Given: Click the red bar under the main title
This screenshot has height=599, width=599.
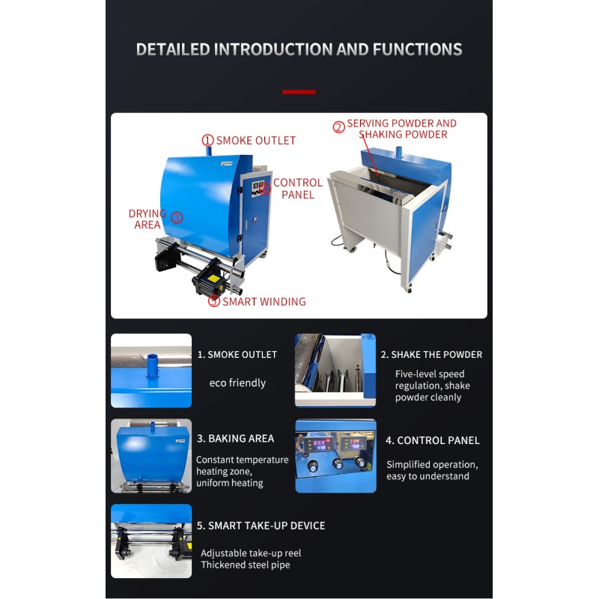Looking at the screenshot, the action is [x=299, y=91].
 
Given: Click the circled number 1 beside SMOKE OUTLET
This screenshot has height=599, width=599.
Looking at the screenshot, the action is [x=207, y=140].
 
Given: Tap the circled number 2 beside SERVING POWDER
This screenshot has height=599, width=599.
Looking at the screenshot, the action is [x=339, y=127].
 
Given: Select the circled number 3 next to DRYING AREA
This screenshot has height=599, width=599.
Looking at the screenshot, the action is [x=177, y=217].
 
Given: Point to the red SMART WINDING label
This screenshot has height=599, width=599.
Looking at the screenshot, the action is [x=264, y=302].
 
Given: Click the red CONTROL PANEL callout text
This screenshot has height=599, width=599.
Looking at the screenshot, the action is [x=298, y=189].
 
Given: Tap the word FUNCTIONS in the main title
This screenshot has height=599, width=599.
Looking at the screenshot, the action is [x=418, y=49].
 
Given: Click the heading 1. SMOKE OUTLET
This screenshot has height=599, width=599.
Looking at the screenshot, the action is [x=237, y=354].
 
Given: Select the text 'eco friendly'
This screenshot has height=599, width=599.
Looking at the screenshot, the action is [x=237, y=383].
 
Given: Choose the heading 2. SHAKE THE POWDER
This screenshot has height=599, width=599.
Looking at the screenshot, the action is [x=431, y=354].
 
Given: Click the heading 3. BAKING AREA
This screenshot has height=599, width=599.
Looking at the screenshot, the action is [x=235, y=439].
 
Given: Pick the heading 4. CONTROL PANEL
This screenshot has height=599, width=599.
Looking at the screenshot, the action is [x=433, y=440].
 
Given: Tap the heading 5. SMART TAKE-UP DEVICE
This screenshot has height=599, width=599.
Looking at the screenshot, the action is [x=261, y=526].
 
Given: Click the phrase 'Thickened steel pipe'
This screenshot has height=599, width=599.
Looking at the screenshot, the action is [x=246, y=565].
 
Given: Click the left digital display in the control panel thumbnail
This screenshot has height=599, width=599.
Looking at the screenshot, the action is [x=315, y=444].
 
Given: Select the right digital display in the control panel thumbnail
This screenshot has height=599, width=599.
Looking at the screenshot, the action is [x=353, y=443].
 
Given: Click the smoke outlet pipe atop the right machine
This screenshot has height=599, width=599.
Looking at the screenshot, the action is [x=399, y=152].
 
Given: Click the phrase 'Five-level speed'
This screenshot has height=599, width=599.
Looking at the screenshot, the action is [x=430, y=374].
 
